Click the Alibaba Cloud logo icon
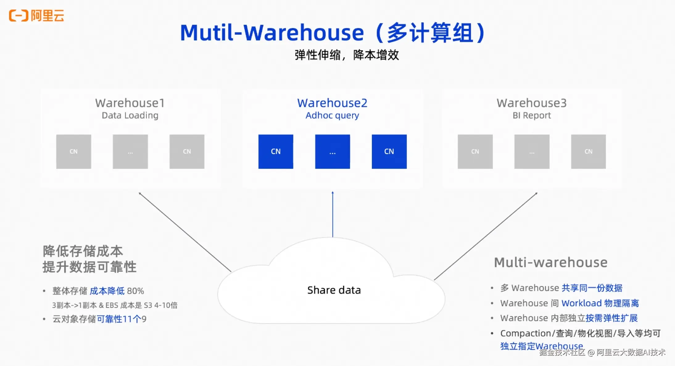(x=19, y=15)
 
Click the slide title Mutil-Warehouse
(x=271, y=33)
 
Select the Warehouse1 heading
(x=130, y=103)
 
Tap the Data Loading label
(x=130, y=115)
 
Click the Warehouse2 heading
(x=332, y=103)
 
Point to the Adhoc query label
(x=332, y=115)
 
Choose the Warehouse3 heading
(x=532, y=103)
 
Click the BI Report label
(x=532, y=115)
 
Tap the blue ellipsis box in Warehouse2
(x=332, y=152)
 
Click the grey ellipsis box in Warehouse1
(x=130, y=152)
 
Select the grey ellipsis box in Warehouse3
(x=532, y=152)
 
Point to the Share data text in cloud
(x=334, y=290)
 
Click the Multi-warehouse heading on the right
(x=551, y=262)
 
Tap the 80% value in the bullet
(x=135, y=291)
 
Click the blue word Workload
(x=582, y=303)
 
